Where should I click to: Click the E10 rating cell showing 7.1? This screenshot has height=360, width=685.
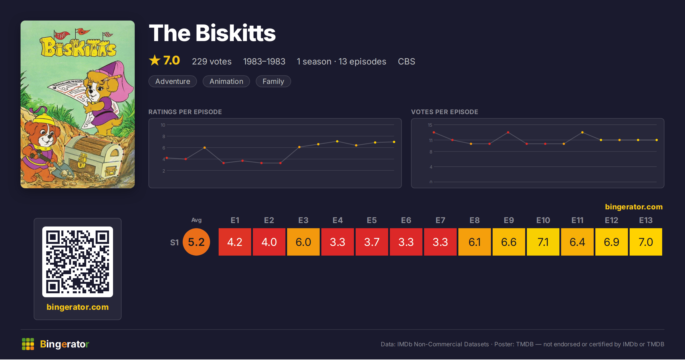pyautogui.click(x=543, y=242)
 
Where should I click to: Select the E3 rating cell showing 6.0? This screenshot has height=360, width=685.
pyautogui.click(x=303, y=242)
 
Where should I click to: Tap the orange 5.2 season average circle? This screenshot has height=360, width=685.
pyautogui.click(x=196, y=242)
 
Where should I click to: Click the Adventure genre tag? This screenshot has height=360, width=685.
pyautogui.click(x=173, y=81)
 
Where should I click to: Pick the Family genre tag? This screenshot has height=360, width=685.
pyautogui.click(x=273, y=81)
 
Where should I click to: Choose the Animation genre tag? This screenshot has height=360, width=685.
pyautogui.click(x=226, y=81)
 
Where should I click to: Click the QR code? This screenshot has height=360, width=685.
pyautogui.click(x=78, y=262)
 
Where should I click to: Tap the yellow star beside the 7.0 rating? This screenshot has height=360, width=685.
pyautogui.click(x=155, y=60)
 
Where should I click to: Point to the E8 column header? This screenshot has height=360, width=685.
pyautogui.click(x=474, y=220)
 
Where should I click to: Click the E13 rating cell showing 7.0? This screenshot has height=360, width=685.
pyautogui.click(x=646, y=242)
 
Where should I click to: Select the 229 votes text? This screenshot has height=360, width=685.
pyautogui.click(x=211, y=61)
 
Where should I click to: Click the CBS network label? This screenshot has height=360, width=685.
pyautogui.click(x=406, y=61)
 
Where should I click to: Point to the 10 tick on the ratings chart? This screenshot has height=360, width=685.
pyautogui.click(x=163, y=125)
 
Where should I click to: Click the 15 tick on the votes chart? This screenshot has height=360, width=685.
pyautogui.click(x=430, y=125)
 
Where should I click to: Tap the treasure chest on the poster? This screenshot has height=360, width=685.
pyautogui.click(x=94, y=157)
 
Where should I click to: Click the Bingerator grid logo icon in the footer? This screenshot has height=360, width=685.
pyautogui.click(x=28, y=344)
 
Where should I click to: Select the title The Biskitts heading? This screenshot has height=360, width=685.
pyautogui.click(x=212, y=33)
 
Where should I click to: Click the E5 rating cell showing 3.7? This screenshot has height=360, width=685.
pyautogui.click(x=372, y=242)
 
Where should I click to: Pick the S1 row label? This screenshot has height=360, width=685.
pyautogui.click(x=174, y=242)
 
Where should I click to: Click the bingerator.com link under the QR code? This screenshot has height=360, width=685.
pyautogui.click(x=78, y=307)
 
